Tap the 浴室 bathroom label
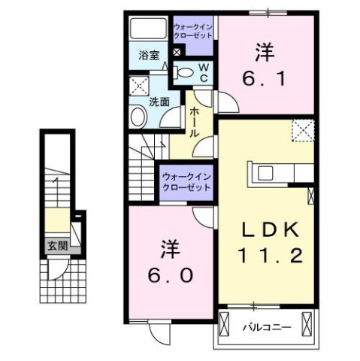[148, 55]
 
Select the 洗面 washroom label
[158, 102]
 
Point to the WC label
[203, 73]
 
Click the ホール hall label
[194, 121]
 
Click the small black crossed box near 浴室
[177, 53]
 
